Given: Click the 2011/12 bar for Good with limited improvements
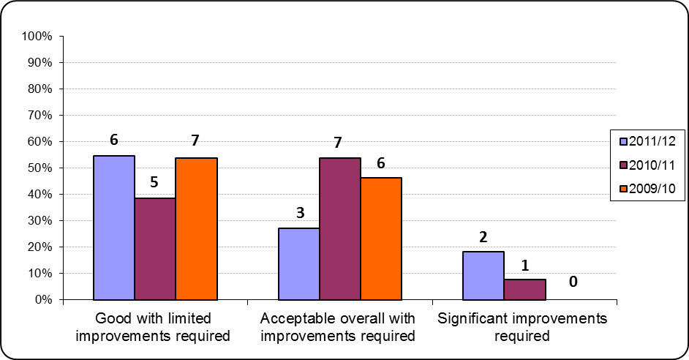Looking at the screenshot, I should coord(113,228).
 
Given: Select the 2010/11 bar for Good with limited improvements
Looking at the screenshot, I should coord(154,249).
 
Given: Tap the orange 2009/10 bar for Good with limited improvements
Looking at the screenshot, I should coord(196,228).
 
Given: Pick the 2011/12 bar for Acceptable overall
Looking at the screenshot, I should coord(298,263).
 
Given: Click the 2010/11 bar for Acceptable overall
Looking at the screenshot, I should coord(339,228).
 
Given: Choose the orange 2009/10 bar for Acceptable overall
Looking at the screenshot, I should coord(380,239).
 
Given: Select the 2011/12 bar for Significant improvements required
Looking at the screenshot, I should coord(483,275).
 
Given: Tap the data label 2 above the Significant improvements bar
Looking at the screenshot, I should coord(483,237).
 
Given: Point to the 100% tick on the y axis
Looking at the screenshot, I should coord(37,36).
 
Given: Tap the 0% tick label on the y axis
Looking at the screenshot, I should coord(42,299).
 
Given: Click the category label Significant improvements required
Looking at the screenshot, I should coord(522,327).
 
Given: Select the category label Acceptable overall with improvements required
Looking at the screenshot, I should coord(338,327).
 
